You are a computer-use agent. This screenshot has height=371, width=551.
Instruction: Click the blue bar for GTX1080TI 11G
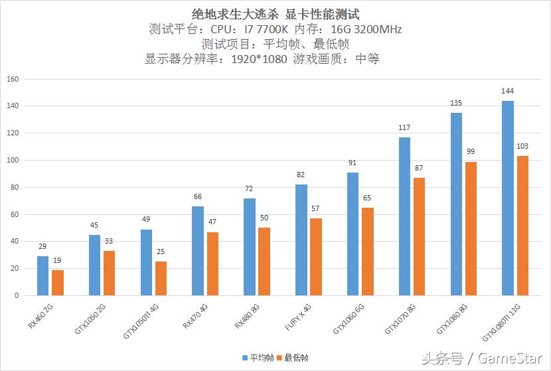(x=507, y=198)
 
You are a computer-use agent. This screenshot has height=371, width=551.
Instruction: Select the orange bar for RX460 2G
(x=58, y=283)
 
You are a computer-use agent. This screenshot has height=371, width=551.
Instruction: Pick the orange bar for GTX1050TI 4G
(x=161, y=278)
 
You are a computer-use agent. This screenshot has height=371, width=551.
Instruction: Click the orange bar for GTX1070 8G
(x=419, y=236)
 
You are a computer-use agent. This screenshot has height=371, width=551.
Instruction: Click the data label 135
(x=456, y=104)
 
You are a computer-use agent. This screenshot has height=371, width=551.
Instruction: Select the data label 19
(x=58, y=260)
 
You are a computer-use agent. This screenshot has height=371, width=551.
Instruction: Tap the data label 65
(x=368, y=198)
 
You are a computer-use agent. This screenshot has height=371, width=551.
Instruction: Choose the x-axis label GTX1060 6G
(x=347, y=319)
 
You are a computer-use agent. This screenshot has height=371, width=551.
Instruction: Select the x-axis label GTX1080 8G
(x=451, y=319)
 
